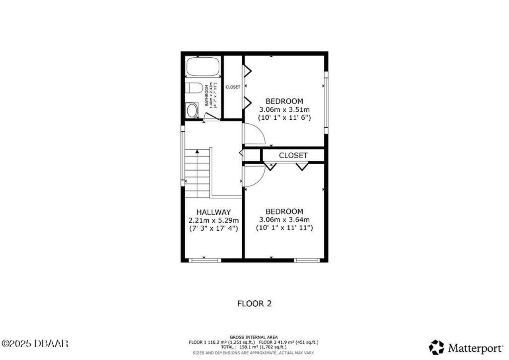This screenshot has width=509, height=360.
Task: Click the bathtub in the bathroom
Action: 203,67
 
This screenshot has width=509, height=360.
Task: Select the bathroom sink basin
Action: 192,110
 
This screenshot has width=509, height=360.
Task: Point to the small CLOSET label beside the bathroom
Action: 233,87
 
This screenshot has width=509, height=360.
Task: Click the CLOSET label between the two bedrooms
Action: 293,155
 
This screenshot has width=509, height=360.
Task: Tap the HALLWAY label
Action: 214,212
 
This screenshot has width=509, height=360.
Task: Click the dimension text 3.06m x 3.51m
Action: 284,109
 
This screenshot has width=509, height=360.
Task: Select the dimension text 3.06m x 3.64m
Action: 284,220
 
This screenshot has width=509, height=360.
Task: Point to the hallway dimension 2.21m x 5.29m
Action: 214,220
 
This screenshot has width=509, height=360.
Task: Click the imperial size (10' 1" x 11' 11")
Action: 284,228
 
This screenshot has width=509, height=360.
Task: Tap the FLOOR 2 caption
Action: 254,304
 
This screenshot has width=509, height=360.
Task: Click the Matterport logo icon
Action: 436,347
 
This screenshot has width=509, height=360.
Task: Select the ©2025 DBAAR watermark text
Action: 35,343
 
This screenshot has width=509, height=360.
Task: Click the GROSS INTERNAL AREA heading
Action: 254,337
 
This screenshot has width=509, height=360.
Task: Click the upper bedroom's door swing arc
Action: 255,134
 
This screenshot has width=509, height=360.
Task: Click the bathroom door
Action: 211,117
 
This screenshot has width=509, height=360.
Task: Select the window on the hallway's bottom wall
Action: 204,260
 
